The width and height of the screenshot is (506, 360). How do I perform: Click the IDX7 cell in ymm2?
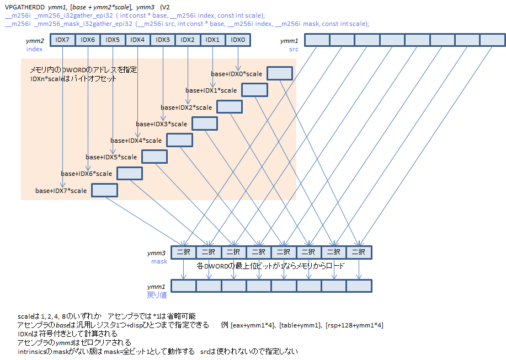click(x=63, y=40)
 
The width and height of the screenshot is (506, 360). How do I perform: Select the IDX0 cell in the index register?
click(x=238, y=40)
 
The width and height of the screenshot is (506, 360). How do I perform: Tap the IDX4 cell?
click(x=138, y=40)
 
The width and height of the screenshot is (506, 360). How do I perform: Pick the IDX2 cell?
click(x=188, y=40)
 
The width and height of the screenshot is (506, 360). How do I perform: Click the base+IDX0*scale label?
click(x=236, y=74)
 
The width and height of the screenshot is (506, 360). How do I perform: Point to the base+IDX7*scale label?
click(x=61, y=191)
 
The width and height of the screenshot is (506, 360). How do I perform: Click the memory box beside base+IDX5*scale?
click(x=154, y=157)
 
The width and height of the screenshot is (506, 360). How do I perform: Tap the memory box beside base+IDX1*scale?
click(x=254, y=90)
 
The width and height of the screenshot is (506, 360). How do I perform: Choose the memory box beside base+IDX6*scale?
click(x=129, y=173)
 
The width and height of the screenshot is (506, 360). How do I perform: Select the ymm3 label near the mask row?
click(x=156, y=253)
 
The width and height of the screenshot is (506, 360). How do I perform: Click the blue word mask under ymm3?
click(x=159, y=261)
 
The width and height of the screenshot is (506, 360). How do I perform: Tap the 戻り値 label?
click(x=156, y=295)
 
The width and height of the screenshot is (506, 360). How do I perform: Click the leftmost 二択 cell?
click(x=183, y=252)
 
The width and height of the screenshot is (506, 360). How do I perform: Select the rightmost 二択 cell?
click(x=359, y=252)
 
